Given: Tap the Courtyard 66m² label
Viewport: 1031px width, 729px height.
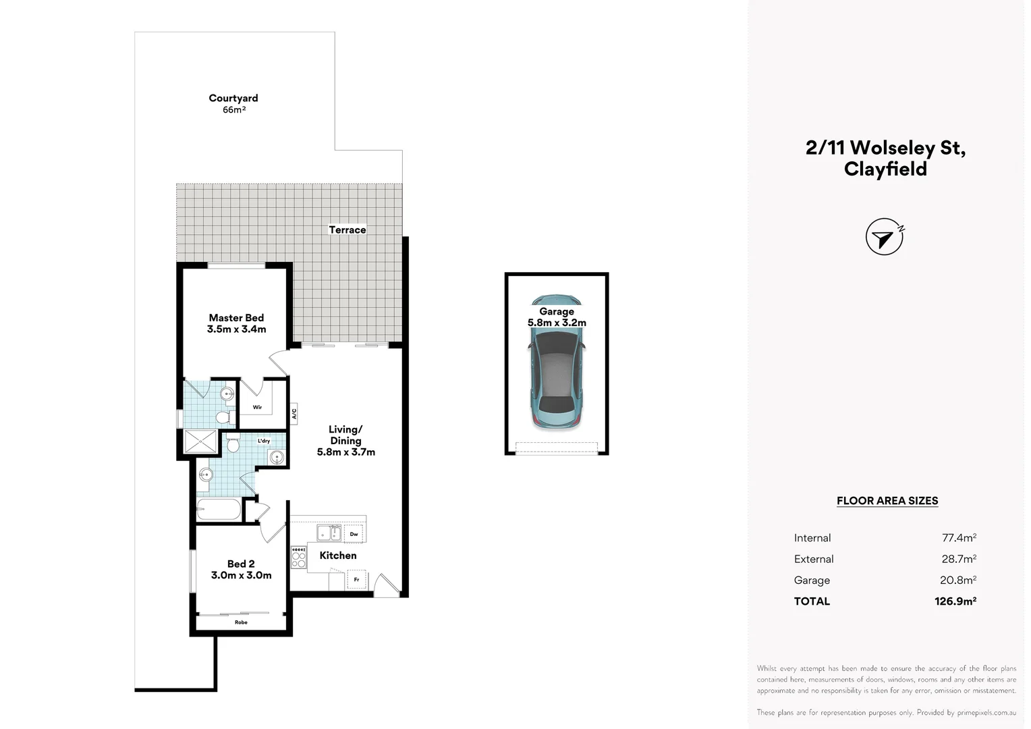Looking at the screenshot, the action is click(x=233, y=104).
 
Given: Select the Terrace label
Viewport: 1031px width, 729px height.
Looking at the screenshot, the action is click(x=347, y=230).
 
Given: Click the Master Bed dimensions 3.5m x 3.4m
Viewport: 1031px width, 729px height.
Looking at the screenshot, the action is click(x=236, y=329).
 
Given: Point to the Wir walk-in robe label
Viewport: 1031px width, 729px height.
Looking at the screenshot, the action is click(x=257, y=407).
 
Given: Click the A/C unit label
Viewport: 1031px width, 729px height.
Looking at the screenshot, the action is click(x=294, y=413).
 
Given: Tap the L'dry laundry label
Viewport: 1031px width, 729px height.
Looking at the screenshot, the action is click(x=264, y=441).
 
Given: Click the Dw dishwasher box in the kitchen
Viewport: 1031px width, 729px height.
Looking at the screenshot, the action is click(x=354, y=534).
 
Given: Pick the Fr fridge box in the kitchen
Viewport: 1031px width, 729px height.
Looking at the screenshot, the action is click(x=356, y=579).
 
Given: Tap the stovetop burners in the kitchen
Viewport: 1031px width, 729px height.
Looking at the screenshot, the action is click(x=299, y=558).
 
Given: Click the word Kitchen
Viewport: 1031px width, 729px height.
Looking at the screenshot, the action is click(x=338, y=556).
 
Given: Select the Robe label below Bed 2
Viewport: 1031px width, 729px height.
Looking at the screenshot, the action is click(x=241, y=622).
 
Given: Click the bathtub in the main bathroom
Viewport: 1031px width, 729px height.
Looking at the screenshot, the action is click(x=219, y=510).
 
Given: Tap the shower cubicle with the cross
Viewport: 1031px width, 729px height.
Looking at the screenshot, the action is click(x=200, y=441).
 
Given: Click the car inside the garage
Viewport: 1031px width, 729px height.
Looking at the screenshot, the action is click(x=557, y=362).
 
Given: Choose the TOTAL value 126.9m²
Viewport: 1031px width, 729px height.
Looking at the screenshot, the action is click(x=955, y=601).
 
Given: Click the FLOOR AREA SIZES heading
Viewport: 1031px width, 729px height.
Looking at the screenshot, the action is click(x=887, y=501).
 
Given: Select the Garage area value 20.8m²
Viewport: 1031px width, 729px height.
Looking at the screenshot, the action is click(x=958, y=580).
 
